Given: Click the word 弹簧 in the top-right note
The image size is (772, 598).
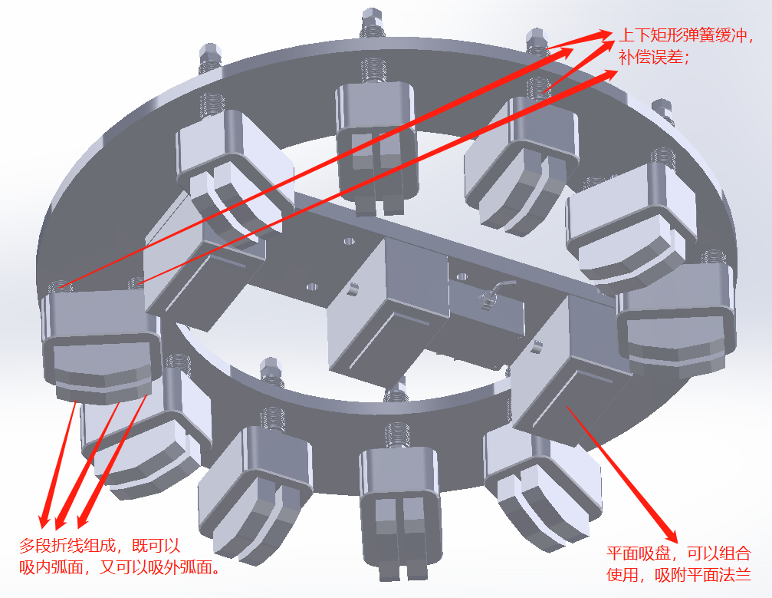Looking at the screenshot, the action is coord(698,35).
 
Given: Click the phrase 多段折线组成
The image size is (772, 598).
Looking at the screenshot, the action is coord(67,546).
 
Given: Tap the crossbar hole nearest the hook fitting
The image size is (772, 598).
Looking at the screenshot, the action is coord(462,276).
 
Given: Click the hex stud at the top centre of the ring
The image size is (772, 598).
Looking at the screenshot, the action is coord(371,22).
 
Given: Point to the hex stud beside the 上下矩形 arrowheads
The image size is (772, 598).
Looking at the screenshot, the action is coord(537,43).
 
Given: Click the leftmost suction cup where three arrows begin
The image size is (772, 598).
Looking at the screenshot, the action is coord(101,342).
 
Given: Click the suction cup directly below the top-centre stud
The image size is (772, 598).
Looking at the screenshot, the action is coord(376,148).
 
